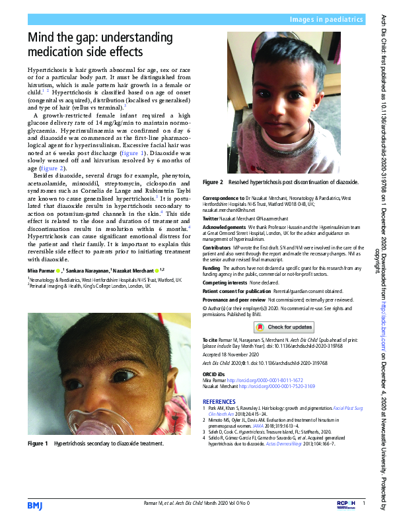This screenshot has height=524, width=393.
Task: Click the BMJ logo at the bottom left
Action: point(35,506)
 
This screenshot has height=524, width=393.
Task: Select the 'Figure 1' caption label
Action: point(38,444)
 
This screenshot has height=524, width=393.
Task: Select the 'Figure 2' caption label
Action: point(213,181)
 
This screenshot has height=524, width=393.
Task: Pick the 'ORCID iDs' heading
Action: point(215,374)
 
